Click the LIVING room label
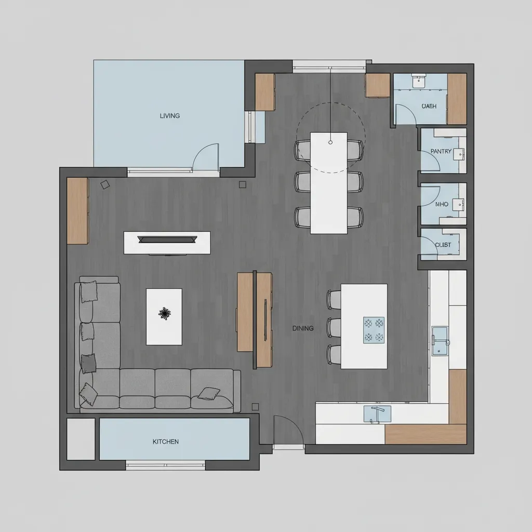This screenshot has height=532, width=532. pos(170,116)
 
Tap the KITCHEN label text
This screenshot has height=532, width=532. pos(166,442)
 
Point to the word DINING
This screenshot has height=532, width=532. pos(303,328)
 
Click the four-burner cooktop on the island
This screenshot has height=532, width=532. pos(374,330)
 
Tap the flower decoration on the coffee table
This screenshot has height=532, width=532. pos(165,313)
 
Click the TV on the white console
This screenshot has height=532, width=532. pos(167,240)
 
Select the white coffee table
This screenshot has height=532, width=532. pos(164,330)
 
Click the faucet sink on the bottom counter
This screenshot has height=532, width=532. pos(377,414)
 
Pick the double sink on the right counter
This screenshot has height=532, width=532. pos(440,340)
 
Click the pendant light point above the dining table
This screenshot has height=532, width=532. pos(330,142)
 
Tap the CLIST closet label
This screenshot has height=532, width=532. pos(443,245)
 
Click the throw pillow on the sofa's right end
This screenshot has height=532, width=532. pos(209,393)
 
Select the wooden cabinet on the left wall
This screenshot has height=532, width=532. pos(77,211)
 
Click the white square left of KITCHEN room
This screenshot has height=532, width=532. pos(81,439)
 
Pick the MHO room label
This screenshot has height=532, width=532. pos(442,205)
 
